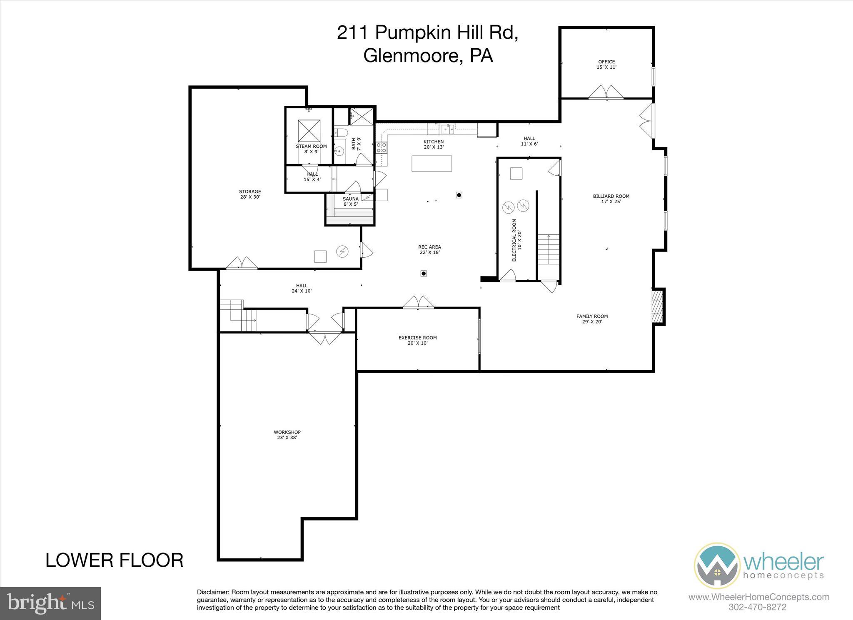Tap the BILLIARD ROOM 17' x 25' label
(x=611, y=199)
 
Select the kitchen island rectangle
(x=431, y=163)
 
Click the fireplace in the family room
(x=657, y=306)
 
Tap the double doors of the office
(x=606, y=92)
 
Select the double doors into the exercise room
(x=418, y=302)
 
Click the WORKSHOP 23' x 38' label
(x=287, y=435)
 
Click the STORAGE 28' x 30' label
(x=250, y=194)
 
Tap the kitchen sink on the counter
(x=448, y=129)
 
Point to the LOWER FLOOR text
(x=114, y=560)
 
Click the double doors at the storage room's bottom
(x=242, y=263)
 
